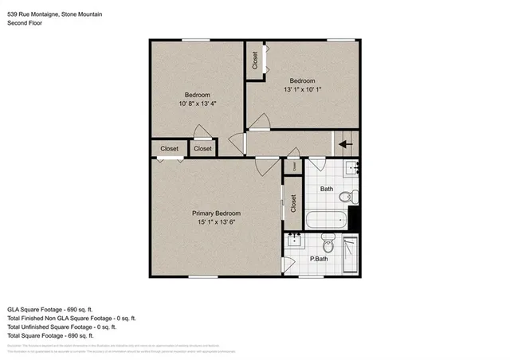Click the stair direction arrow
(344, 145)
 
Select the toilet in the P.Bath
(326, 241)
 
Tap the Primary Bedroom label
(216, 213)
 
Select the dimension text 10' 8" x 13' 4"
(196, 103)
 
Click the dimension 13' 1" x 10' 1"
(302, 90)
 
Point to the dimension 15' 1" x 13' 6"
(216, 223)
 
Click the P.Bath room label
(319, 259)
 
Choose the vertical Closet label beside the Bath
(292, 203)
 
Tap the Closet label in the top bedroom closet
(255, 61)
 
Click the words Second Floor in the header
(25, 23)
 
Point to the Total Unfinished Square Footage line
(61, 327)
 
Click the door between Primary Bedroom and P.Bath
(287, 265)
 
